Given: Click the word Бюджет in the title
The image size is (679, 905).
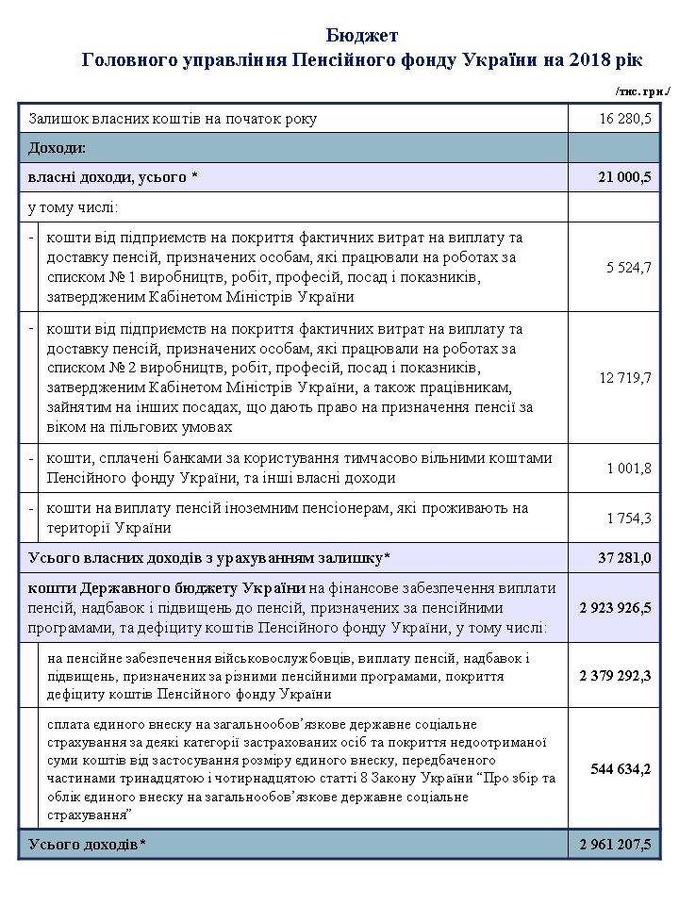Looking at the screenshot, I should [363, 35].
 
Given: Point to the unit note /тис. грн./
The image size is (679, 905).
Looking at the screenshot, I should [642, 91].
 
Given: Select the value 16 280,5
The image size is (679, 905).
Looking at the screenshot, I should [625, 120].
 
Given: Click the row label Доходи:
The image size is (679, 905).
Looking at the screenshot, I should [58, 148].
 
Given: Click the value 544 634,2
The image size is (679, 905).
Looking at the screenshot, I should [621, 769].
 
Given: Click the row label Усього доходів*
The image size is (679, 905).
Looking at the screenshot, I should [88, 845].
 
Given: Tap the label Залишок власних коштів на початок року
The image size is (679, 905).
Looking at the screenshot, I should [173, 120].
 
